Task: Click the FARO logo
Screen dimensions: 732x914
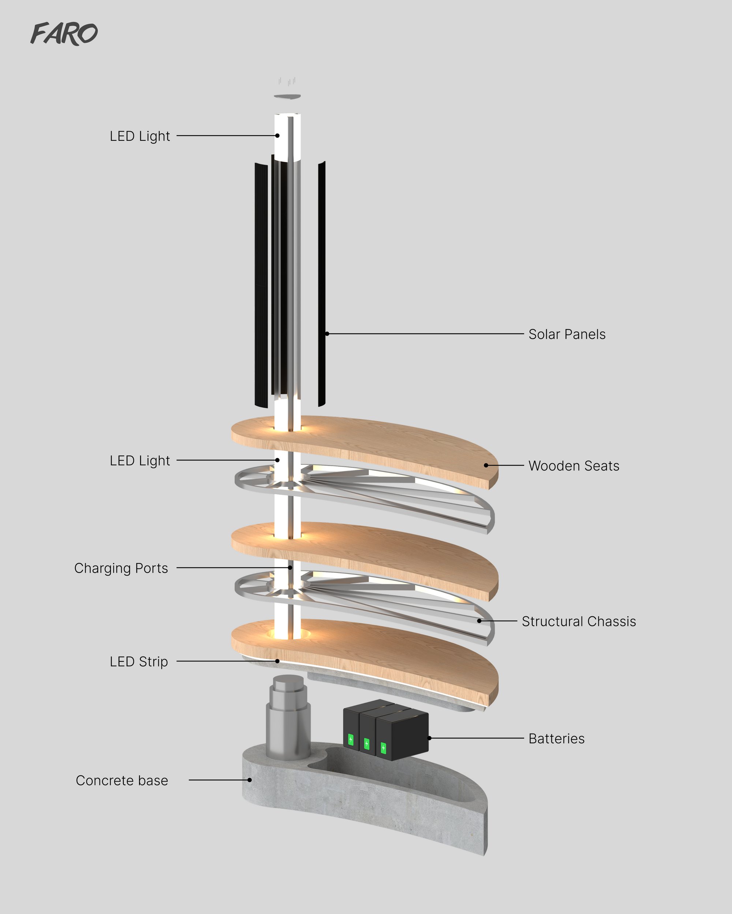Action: pos(64,34)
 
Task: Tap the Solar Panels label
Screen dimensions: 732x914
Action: pos(567,335)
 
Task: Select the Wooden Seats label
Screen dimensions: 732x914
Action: pos(574,466)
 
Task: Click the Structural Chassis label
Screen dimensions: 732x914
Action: pos(579,622)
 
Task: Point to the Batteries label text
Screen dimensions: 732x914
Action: pos(556,739)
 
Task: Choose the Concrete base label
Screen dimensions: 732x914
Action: pos(122,781)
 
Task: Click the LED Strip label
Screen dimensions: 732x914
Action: pos(139,662)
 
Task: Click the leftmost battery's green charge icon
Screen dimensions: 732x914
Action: pos(351,740)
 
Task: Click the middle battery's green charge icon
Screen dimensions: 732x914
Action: pos(367,744)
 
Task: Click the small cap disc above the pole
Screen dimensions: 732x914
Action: pos(287,97)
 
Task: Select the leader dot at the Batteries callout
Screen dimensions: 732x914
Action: pos(429,738)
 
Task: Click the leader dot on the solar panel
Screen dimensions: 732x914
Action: pos(327,334)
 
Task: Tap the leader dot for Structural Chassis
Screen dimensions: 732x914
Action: pos(479,621)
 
